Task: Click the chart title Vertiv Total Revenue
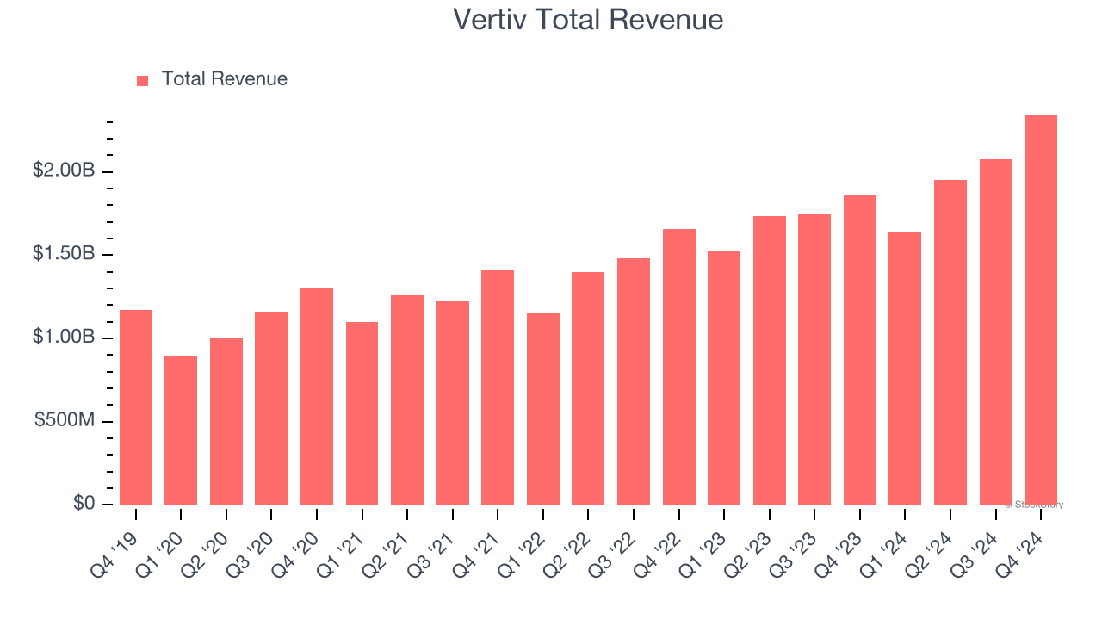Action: [x=588, y=19]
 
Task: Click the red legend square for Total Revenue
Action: [x=143, y=80]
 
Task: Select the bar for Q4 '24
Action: [x=1041, y=310]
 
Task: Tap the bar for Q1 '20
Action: [x=181, y=431]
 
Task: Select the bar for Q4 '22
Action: [x=678, y=367]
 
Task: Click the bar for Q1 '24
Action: [x=905, y=369]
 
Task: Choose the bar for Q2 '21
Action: [x=407, y=400]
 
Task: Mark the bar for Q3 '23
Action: [x=814, y=360]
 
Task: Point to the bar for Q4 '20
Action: [x=317, y=396]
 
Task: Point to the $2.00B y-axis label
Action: [x=64, y=171]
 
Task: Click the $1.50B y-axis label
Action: [x=64, y=254]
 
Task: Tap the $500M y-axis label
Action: [x=65, y=420]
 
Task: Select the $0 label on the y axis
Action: [x=84, y=503]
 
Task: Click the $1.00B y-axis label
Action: [x=64, y=338]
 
